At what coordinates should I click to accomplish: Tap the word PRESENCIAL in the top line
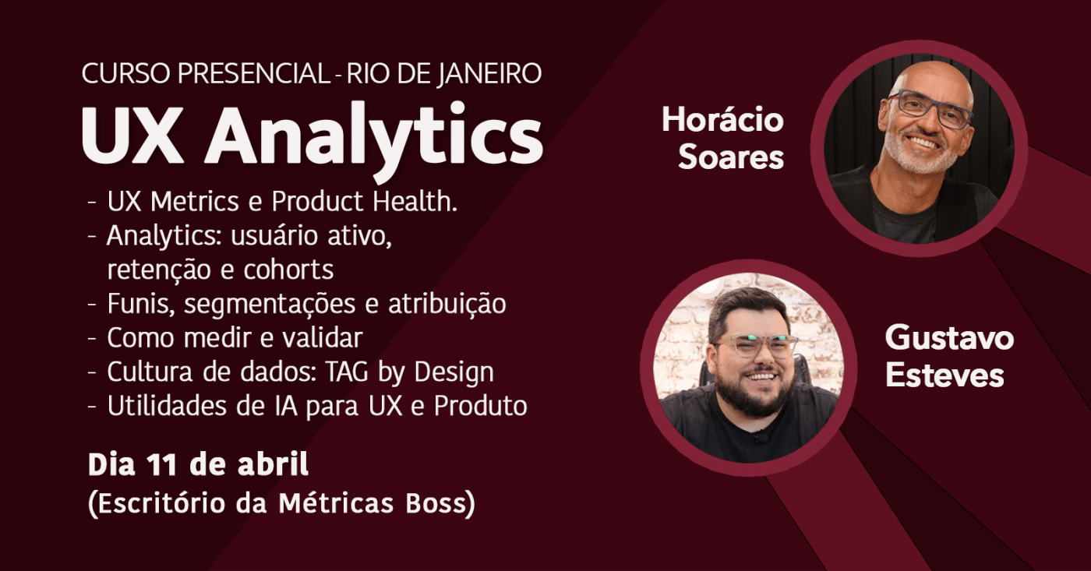[252, 74]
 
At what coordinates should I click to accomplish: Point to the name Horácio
[722, 120]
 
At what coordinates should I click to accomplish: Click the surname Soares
[730, 157]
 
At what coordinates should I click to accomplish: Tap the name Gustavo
[949, 338]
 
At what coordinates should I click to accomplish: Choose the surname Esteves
[944, 375]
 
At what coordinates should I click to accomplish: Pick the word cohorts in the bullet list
[289, 270]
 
